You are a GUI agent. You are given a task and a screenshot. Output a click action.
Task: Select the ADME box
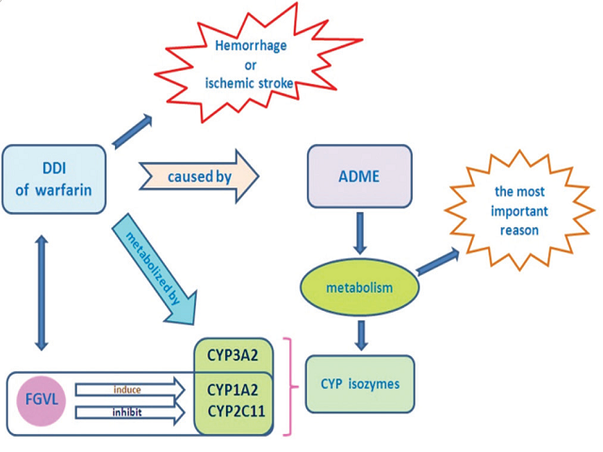coord(361,176)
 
